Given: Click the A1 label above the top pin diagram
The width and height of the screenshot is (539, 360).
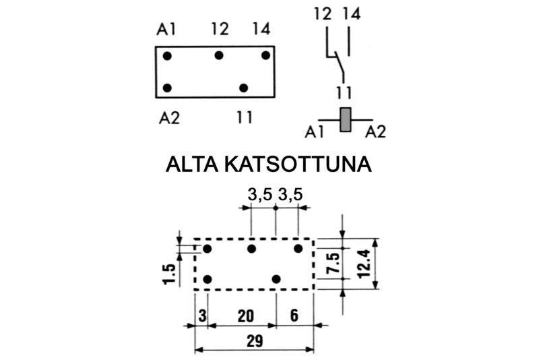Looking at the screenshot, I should click(x=167, y=30).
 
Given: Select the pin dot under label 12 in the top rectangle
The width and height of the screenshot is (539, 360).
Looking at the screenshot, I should click(x=219, y=55).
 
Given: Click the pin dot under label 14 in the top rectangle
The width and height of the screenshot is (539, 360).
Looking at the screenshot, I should click(x=265, y=55).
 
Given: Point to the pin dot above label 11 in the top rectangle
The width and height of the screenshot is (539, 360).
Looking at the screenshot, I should click(x=244, y=88).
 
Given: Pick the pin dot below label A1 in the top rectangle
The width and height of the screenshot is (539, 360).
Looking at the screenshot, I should click(x=167, y=55).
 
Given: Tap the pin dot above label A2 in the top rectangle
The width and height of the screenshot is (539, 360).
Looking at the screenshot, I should click(x=167, y=88).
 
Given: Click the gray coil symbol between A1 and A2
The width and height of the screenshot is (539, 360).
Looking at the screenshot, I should click(x=346, y=119).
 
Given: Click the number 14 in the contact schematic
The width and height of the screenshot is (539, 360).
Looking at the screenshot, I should click(x=350, y=13).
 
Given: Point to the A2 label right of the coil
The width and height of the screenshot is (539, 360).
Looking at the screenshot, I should click(x=376, y=132).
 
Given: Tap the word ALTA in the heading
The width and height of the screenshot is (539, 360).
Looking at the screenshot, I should click(x=191, y=165).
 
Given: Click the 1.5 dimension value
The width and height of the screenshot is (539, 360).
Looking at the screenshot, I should click(x=170, y=275).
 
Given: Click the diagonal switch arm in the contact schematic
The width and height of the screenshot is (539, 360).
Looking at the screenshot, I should click(x=336, y=66).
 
